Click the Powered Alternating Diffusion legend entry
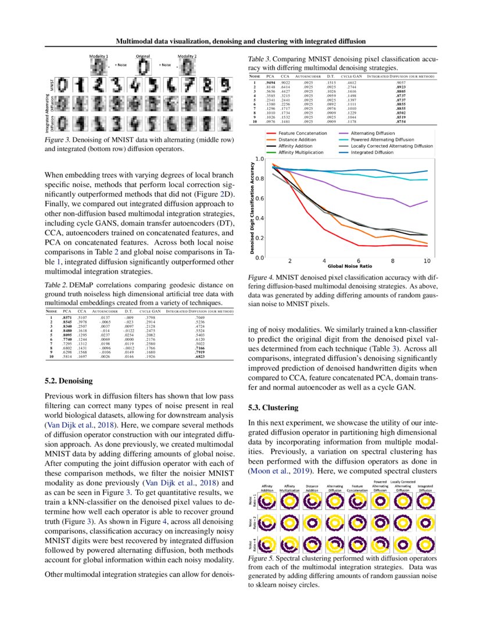390,139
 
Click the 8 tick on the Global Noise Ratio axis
393,261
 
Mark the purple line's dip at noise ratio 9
410,206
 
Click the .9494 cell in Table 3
270,83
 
